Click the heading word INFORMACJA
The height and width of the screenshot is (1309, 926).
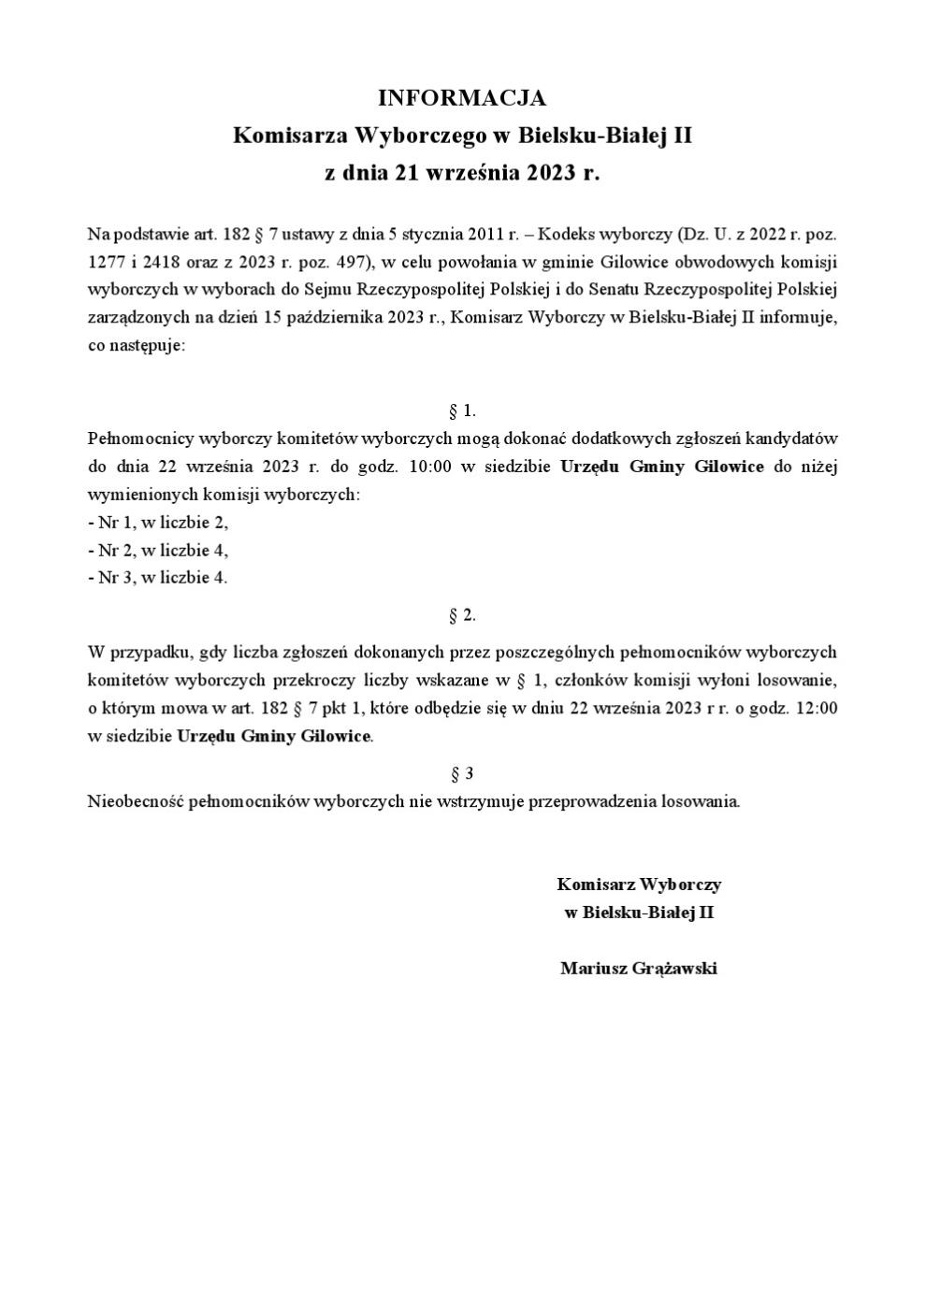coord(461,98)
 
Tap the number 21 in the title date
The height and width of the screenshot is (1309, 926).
coord(406,173)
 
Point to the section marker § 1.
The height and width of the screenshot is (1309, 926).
coord(462,410)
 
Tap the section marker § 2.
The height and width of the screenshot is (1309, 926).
coord(462,615)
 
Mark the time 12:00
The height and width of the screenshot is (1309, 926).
coord(817,708)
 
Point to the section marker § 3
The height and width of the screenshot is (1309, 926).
coord(462,773)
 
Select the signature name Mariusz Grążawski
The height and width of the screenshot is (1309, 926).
coord(639,969)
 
